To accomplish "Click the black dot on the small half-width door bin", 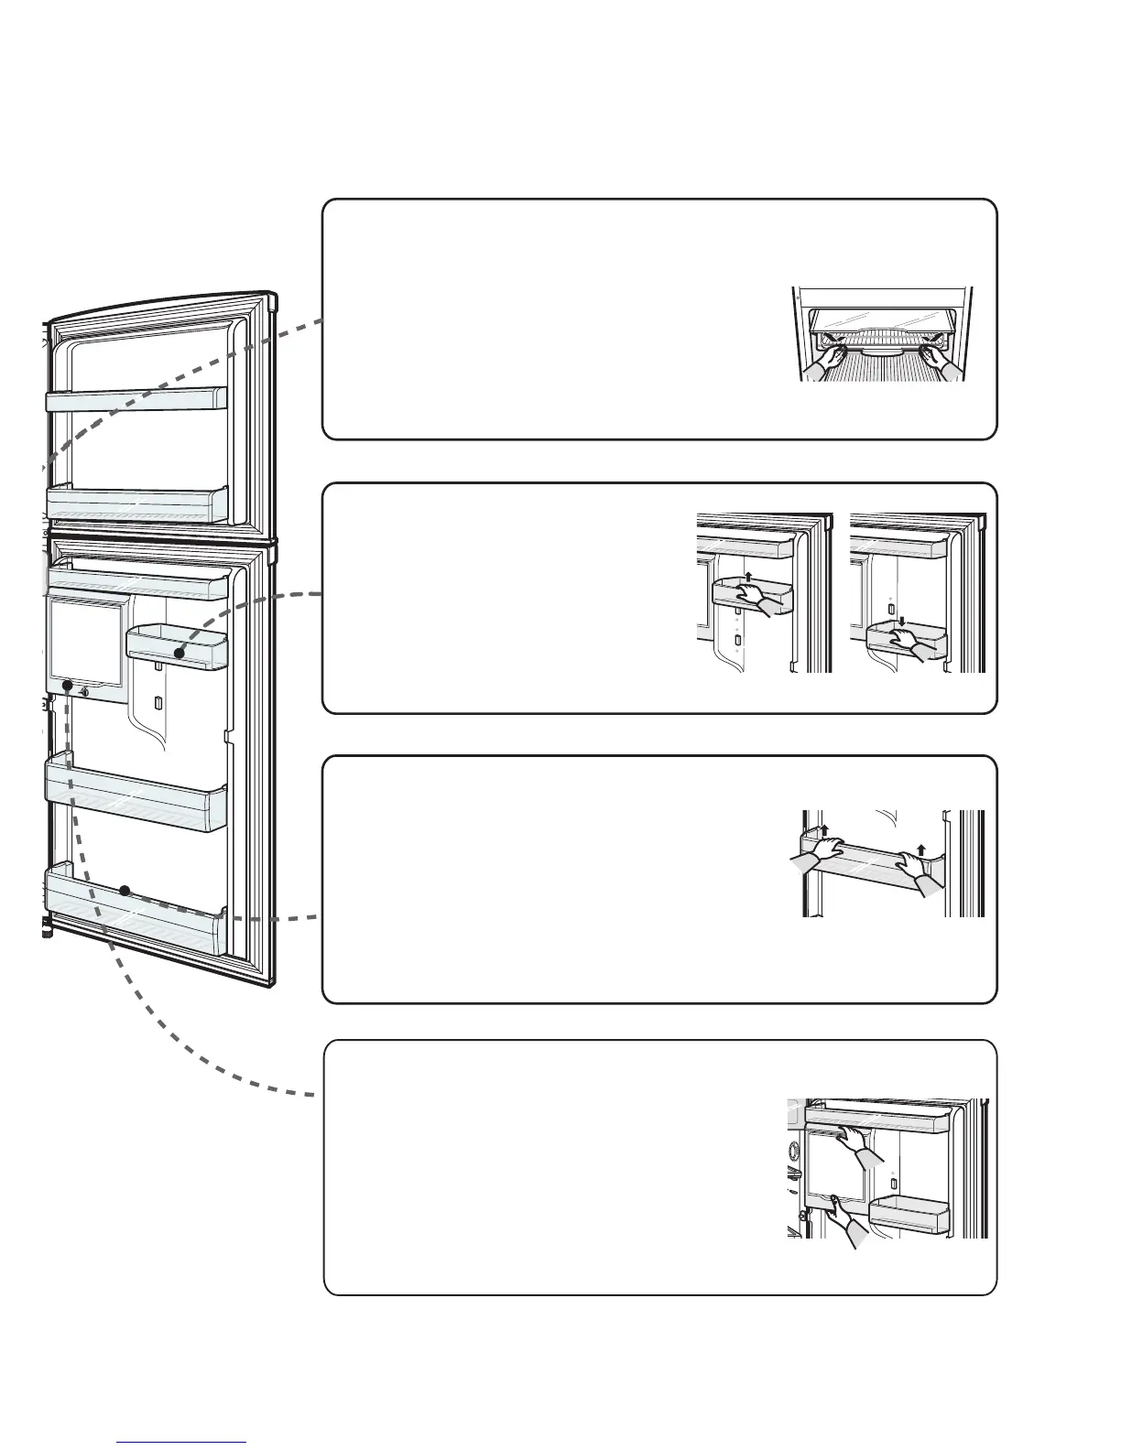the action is click(x=180, y=653).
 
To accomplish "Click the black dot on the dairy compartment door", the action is click(x=67, y=685).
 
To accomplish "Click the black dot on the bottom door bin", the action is click(x=124, y=890).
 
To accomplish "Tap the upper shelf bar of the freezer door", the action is click(x=136, y=399).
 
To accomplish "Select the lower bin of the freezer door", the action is click(x=136, y=504).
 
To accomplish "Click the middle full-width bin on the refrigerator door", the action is click(x=136, y=792).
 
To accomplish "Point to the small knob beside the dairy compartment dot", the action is click(x=84, y=692).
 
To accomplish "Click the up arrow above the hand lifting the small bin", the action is click(x=748, y=577).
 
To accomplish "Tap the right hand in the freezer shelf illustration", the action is click(x=943, y=360).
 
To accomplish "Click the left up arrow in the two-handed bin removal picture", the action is click(x=823, y=830).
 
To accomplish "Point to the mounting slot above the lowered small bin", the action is click(x=891, y=608).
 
